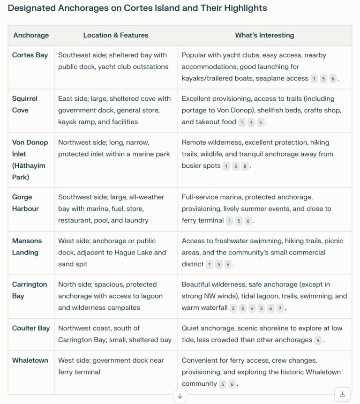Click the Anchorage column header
(31, 35)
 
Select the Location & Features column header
(116, 35)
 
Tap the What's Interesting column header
(264, 35)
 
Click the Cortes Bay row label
(30, 55)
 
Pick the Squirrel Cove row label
(25, 104)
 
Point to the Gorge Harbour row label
(25, 203)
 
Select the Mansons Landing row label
(27, 247)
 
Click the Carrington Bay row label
(30, 290)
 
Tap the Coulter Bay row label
(31, 328)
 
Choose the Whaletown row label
(30, 360)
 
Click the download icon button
(343, 394)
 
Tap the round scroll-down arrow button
(180, 396)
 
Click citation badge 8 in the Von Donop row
(245, 166)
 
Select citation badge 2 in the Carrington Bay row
(233, 308)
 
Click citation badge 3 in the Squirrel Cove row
(251, 122)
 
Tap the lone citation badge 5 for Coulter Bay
(318, 340)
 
